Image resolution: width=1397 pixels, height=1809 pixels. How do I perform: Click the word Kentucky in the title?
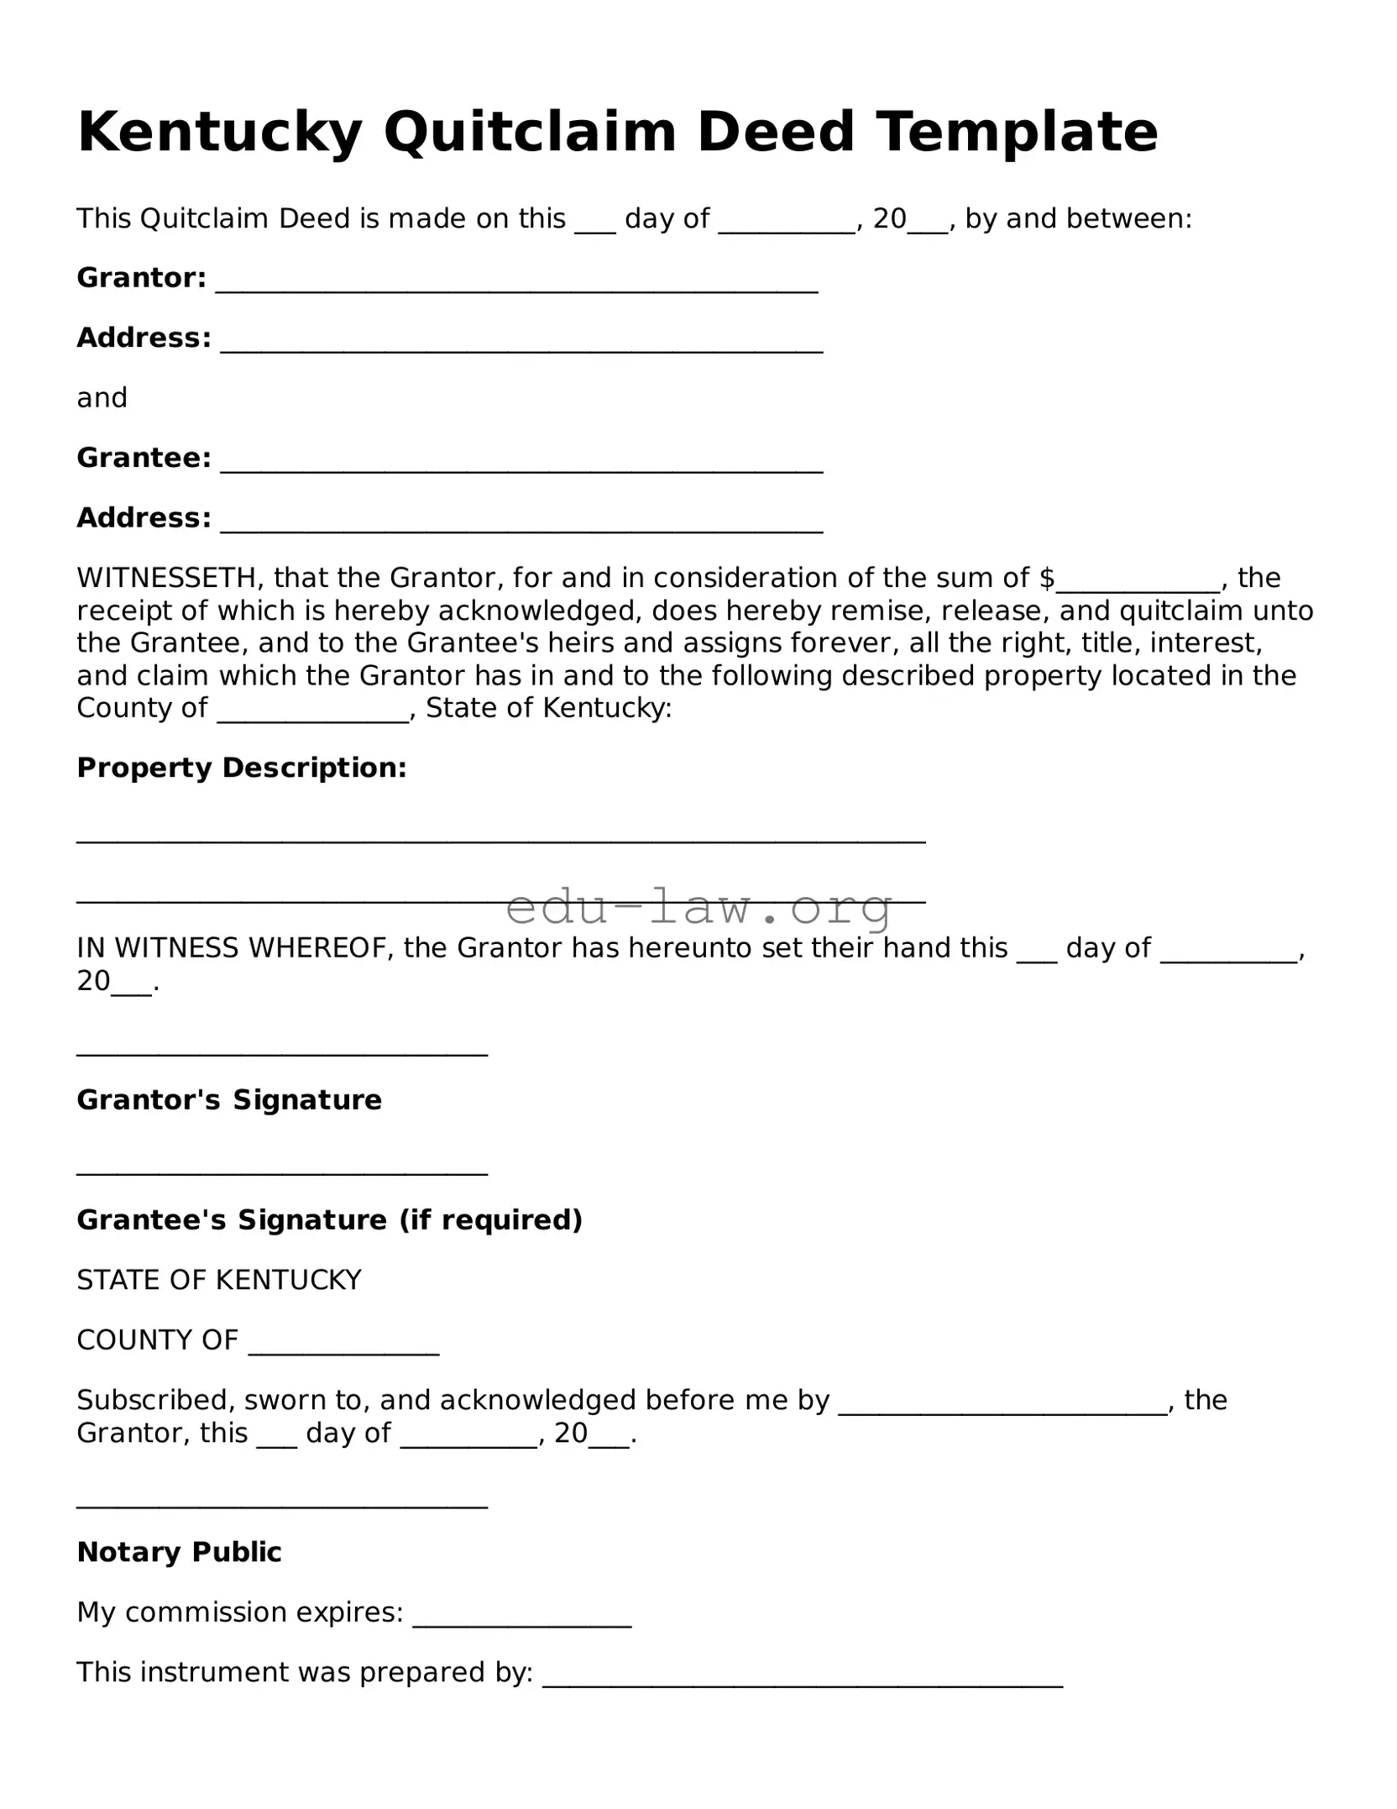click(x=219, y=133)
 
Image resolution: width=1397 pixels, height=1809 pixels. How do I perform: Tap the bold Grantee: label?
click(x=144, y=458)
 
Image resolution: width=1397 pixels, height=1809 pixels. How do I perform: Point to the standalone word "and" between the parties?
click(x=102, y=398)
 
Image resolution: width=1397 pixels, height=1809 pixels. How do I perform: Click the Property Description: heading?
click(x=242, y=768)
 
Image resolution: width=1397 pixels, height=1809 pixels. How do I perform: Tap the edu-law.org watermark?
click(x=698, y=907)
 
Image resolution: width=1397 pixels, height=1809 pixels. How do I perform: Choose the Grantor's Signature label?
click(x=229, y=1100)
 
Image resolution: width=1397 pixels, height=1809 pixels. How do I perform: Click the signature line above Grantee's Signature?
click(x=282, y=1172)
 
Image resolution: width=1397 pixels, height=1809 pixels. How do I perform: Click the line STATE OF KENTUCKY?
click(x=219, y=1280)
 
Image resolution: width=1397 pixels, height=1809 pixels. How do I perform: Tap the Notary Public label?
click(x=179, y=1552)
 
